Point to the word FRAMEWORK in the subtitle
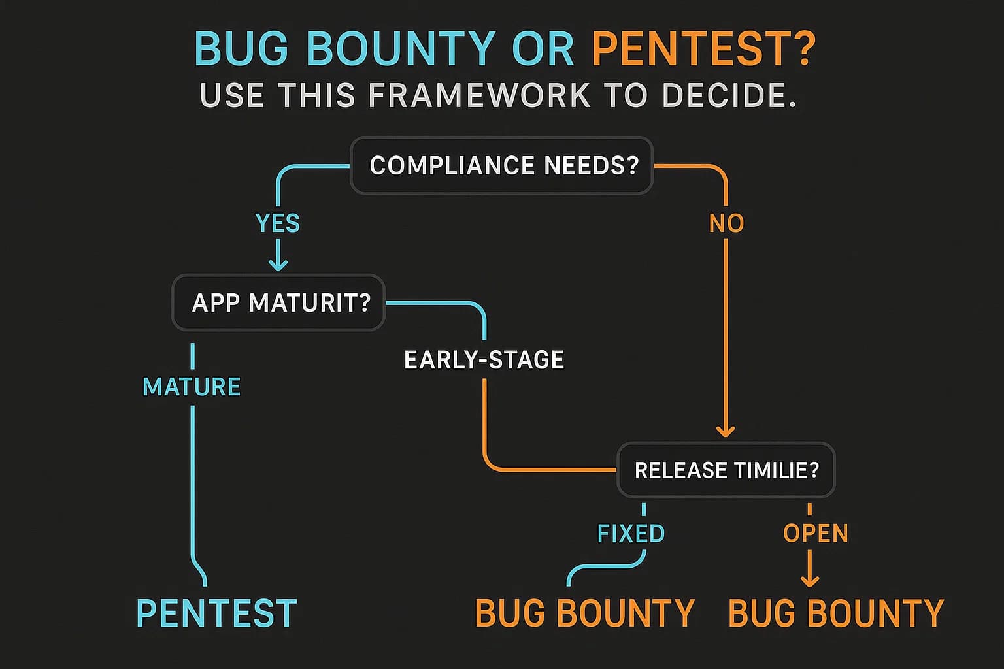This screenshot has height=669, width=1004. click(x=479, y=95)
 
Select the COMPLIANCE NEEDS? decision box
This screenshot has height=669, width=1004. click(x=502, y=165)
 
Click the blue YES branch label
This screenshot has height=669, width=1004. click(x=278, y=223)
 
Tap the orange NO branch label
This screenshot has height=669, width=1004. click(x=726, y=223)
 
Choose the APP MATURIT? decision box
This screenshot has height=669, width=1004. click(x=279, y=302)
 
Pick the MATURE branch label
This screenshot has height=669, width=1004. click(x=192, y=387)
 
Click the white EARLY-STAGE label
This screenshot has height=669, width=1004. click(x=484, y=360)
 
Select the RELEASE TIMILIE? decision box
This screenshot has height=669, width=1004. click(x=726, y=470)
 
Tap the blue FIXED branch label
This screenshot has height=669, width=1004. click(x=631, y=533)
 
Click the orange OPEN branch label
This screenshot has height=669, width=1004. click(x=816, y=533)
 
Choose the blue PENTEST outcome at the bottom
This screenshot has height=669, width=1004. click(x=216, y=613)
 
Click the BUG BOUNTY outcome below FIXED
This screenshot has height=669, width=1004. click(x=584, y=613)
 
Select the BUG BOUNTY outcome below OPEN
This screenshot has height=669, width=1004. click(x=836, y=613)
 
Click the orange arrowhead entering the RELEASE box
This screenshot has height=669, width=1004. click(x=726, y=431)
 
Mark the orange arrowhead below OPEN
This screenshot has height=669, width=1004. click(x=810, y=579)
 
